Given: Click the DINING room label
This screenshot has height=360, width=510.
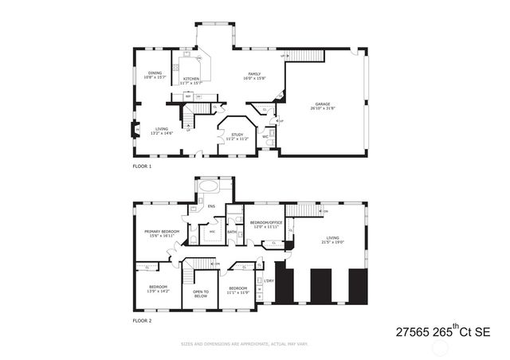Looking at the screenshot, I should click(155, 76).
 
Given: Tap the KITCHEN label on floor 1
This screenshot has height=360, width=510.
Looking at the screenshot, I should click(191, 80).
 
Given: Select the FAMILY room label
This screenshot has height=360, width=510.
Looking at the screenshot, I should click(254, 76).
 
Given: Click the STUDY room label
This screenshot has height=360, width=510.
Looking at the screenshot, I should click(237, 137).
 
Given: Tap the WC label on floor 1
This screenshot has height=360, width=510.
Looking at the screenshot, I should click(265, 136).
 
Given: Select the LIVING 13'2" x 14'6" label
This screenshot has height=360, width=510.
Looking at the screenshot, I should click(162, 130).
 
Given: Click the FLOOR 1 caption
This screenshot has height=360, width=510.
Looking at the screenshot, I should click(142, 166).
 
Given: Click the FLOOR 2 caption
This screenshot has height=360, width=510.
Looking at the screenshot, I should click(142, 320).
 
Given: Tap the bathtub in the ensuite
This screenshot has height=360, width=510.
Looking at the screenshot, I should click(210, 187).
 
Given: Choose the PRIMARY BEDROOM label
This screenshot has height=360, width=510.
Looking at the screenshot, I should click(161, 234).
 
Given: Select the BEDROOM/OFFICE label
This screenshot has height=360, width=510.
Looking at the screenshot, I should click(266, 225).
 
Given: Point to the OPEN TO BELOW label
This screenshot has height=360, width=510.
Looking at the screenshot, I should click(201, 293).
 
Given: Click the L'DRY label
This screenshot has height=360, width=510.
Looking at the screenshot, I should click(269, 280).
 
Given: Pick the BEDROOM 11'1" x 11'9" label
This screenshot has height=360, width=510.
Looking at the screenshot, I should click(238, 290).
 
